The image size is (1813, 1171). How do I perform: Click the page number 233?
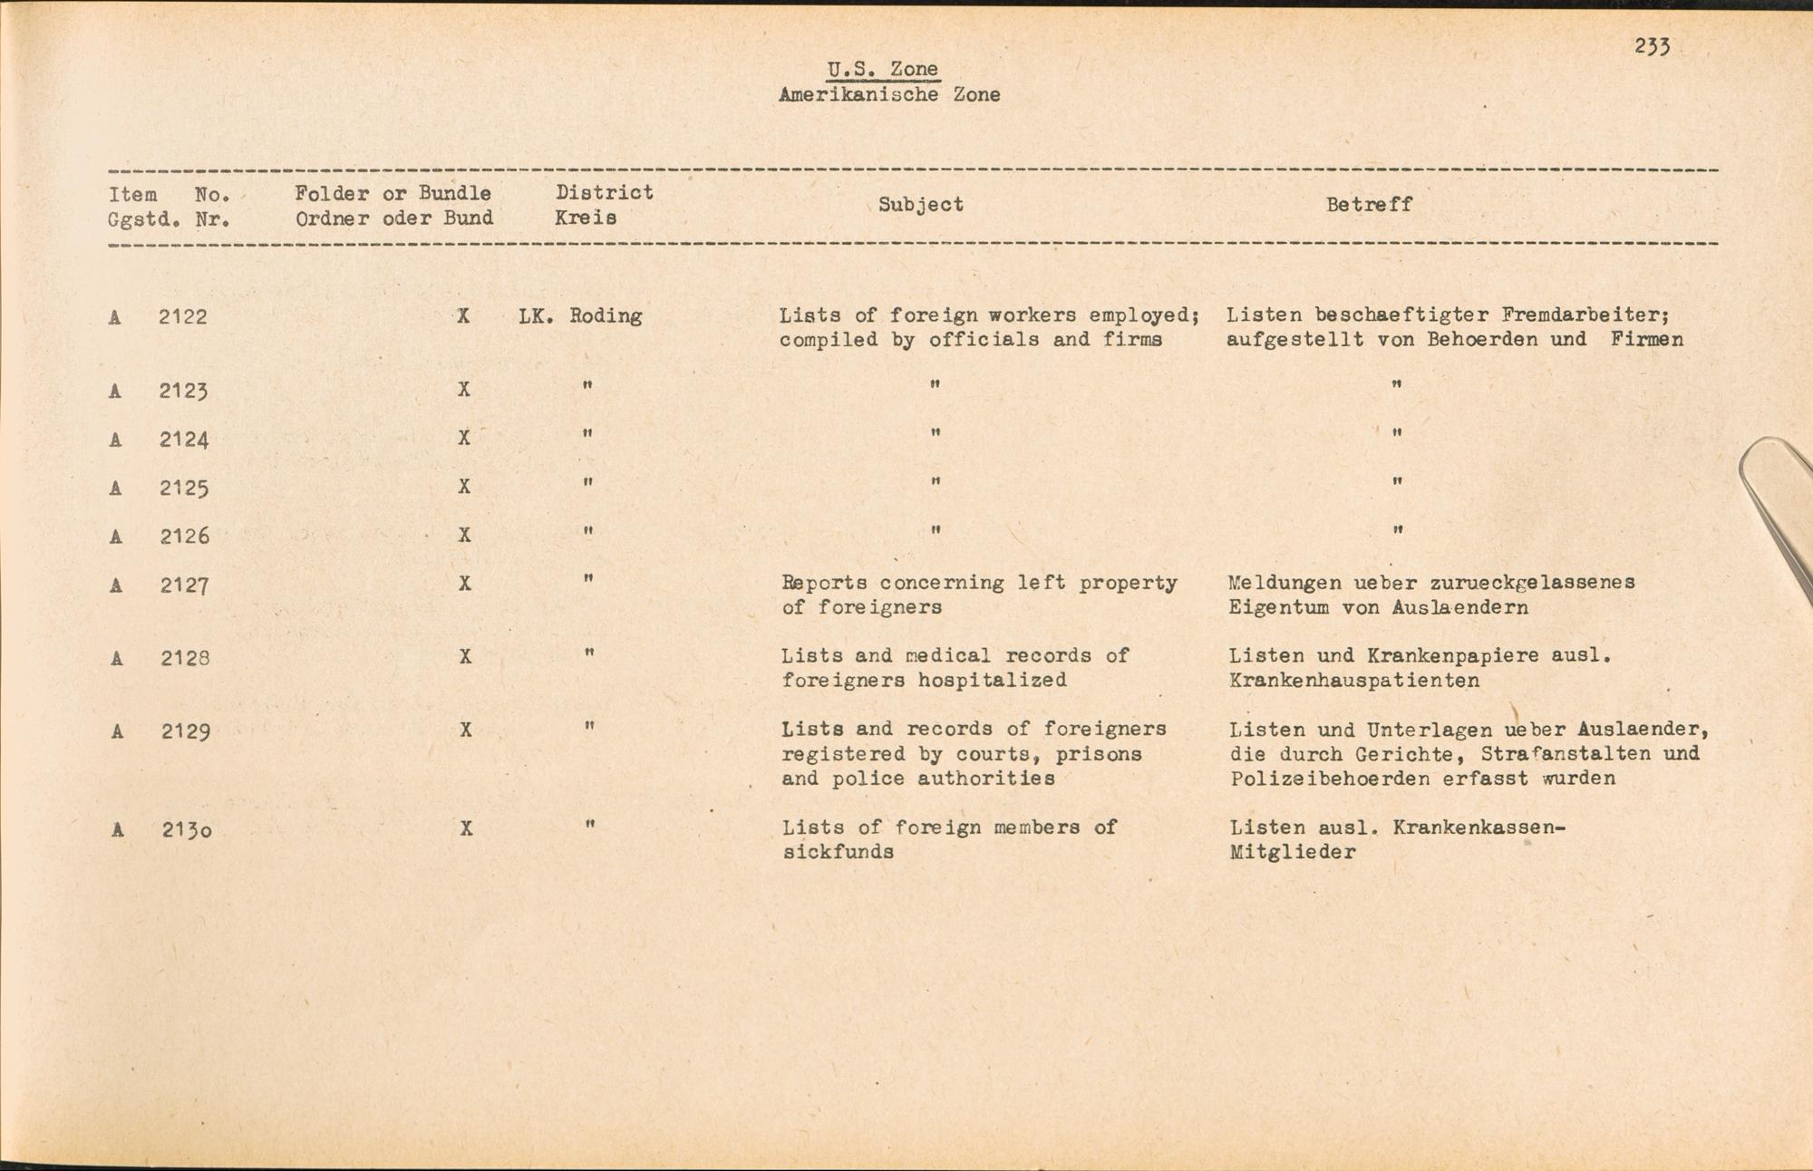click(1653, 47)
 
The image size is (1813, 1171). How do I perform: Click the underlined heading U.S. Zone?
click(882, 70)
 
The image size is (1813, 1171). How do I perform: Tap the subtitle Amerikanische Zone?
click(889, 95)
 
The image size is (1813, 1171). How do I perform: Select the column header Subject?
click(920, 205)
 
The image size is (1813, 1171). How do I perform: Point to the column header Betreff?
click(1369, 205)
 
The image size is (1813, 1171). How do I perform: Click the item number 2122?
click(183, 317)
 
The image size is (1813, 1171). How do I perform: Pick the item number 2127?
click(185, 585)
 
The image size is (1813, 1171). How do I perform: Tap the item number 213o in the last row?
click(187, 829)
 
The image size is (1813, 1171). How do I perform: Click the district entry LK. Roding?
click(580, 316)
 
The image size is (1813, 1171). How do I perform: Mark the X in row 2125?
click(464, 487)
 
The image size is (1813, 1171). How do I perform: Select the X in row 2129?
click(466, 730)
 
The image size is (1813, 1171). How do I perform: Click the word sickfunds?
click(838, 852)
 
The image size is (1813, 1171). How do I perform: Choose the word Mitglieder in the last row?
click(1293, 852)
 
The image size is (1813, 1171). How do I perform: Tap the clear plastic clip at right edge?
click(1777, 508)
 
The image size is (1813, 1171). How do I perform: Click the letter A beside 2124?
click(115, 440)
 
